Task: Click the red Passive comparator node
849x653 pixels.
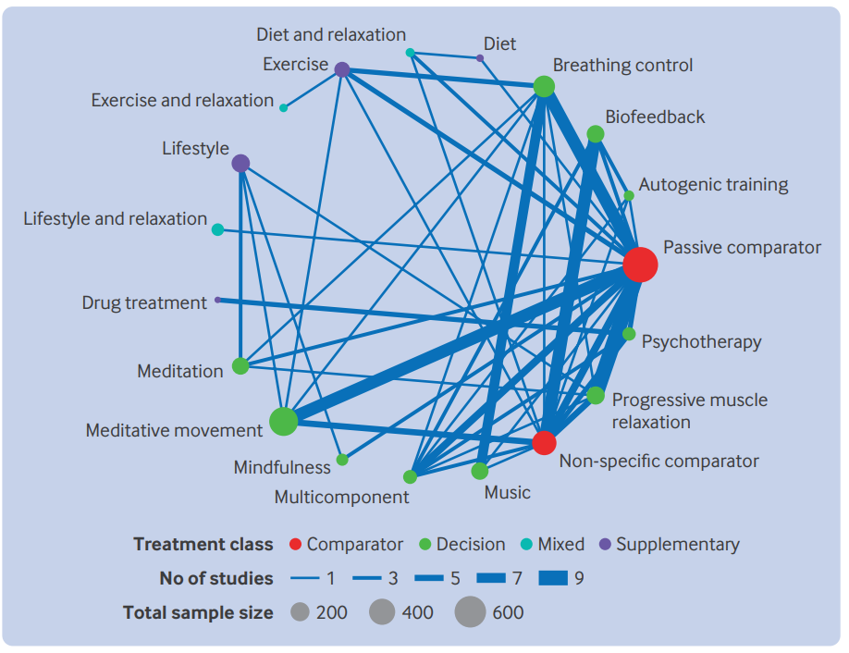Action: [640, 265]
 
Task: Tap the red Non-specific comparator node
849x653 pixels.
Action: [544, 443]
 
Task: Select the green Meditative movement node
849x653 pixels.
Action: [283, 421]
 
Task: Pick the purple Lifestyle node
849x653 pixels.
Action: [240, 163]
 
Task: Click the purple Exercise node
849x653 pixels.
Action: [342, 69]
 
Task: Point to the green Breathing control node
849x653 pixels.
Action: [544, 86]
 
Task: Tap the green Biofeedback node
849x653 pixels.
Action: [595, 134]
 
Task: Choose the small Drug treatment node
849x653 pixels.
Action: [217, 300]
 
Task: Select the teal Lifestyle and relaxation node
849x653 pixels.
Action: [217, 229]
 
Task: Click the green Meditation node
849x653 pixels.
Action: [240, 366]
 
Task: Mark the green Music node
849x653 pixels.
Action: [480, 471]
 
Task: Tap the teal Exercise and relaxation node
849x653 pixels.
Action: [283, 107]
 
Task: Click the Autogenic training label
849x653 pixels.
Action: [713, 185]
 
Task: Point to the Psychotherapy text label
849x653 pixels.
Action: [701, 342]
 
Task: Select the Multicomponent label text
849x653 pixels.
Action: [341, 497]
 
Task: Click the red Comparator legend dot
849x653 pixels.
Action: [295, 544]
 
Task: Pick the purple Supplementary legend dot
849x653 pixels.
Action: [606, 544]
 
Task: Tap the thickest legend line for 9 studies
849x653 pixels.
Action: [553, 578]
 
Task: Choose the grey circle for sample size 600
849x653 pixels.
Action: [470, 612]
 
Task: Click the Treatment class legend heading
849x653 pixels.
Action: [203, 544]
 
